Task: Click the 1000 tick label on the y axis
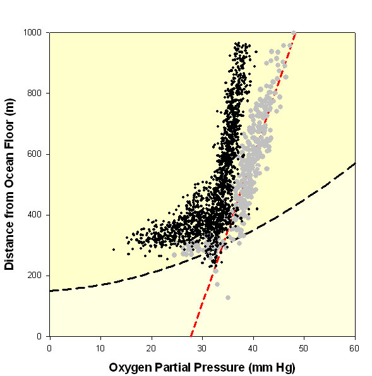[x=32, y=32]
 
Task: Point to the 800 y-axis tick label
[x=35, y=93]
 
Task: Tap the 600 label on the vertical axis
[x=35, y=154]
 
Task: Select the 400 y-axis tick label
[x=35, y=215]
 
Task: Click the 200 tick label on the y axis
[x=35, y=276]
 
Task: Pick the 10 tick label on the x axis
[x=100, y=348]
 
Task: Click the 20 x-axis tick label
[x=152, y=348]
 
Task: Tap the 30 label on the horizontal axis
[x=202, y=348]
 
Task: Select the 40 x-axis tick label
[x=253, y=348]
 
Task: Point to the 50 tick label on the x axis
[x=304, y=348]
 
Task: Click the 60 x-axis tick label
[x=354, y=348]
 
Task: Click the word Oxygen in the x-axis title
[x=130, y=368]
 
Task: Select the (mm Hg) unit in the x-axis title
[x=272, y=368]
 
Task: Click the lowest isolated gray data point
[x=228, y=298]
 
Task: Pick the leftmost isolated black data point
[x=114, y=250]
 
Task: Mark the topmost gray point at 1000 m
[x=294, y=33]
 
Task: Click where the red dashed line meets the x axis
[x=191, y=336]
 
